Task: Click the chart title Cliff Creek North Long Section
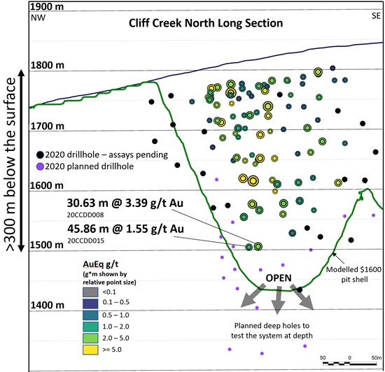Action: click(x=206, y=23)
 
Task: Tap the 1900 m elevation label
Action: click(x=47, y=6)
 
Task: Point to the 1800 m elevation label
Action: click(x=48, y=66)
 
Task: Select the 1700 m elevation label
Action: click(x=48, y=126)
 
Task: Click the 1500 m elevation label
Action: click(x=47, y=245)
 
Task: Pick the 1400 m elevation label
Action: click(x=48, y=306)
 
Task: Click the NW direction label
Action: click(x=38, y=17)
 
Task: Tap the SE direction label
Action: click(x=376, y=16)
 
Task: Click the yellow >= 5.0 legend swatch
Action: click(x=90, y=350)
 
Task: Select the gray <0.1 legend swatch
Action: click(x=90, y=292)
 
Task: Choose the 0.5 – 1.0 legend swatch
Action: click(x=90, y=315)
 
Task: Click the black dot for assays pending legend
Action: click(x=40, y=155)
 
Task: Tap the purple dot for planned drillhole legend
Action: click(x=40, y=166)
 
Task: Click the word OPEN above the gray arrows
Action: click(x=279, y=278)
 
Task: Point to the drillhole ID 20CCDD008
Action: click(x=85, y=215)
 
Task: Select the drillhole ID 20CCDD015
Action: click(x=86, y=241)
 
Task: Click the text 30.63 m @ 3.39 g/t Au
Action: click(x=125, y=203)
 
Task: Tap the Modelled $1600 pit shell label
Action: click(x=353, y=274)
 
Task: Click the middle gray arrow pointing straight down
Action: click(x=278, y=300)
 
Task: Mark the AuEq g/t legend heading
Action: click(x=101, y=264)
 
